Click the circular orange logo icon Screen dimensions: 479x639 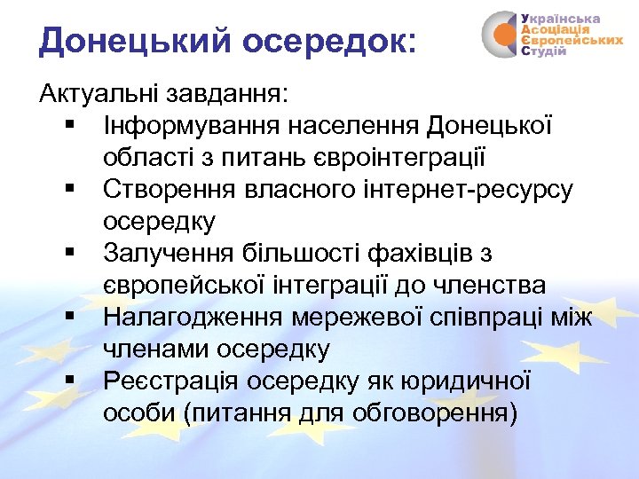click(x=502, y=35)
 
